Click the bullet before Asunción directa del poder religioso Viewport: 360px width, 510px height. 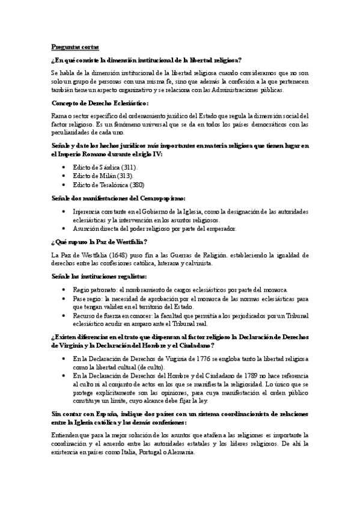click(x=64, y=228)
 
